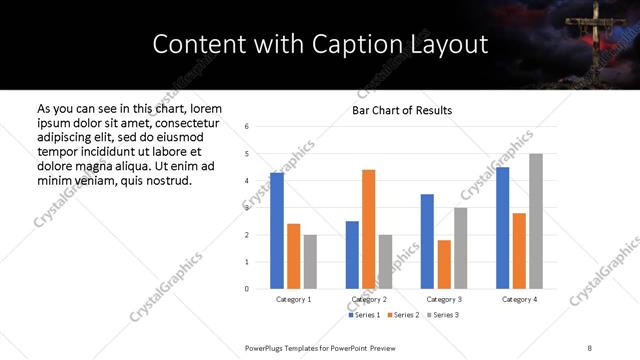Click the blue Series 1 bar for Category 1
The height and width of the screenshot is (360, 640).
click(x=277, y=231)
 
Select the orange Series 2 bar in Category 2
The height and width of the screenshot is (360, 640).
click(x=369, y=229)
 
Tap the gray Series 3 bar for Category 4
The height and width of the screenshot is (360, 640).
click(x=536, y=221)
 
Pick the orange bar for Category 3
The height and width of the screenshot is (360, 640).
click(x=444, y=264)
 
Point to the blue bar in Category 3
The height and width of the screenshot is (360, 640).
click(x=427, y=241)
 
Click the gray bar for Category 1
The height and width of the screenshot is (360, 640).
click(x=310, y=262)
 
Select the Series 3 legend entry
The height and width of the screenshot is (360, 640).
click(x=445, y=315)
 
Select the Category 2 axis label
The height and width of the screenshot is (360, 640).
click(x=369, y=299)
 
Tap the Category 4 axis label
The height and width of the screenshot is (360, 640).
click(x=519, y=299)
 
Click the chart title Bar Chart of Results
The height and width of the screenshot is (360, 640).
click(x=402, y=110)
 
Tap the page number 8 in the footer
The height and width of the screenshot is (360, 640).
click(x=590, y=347)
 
